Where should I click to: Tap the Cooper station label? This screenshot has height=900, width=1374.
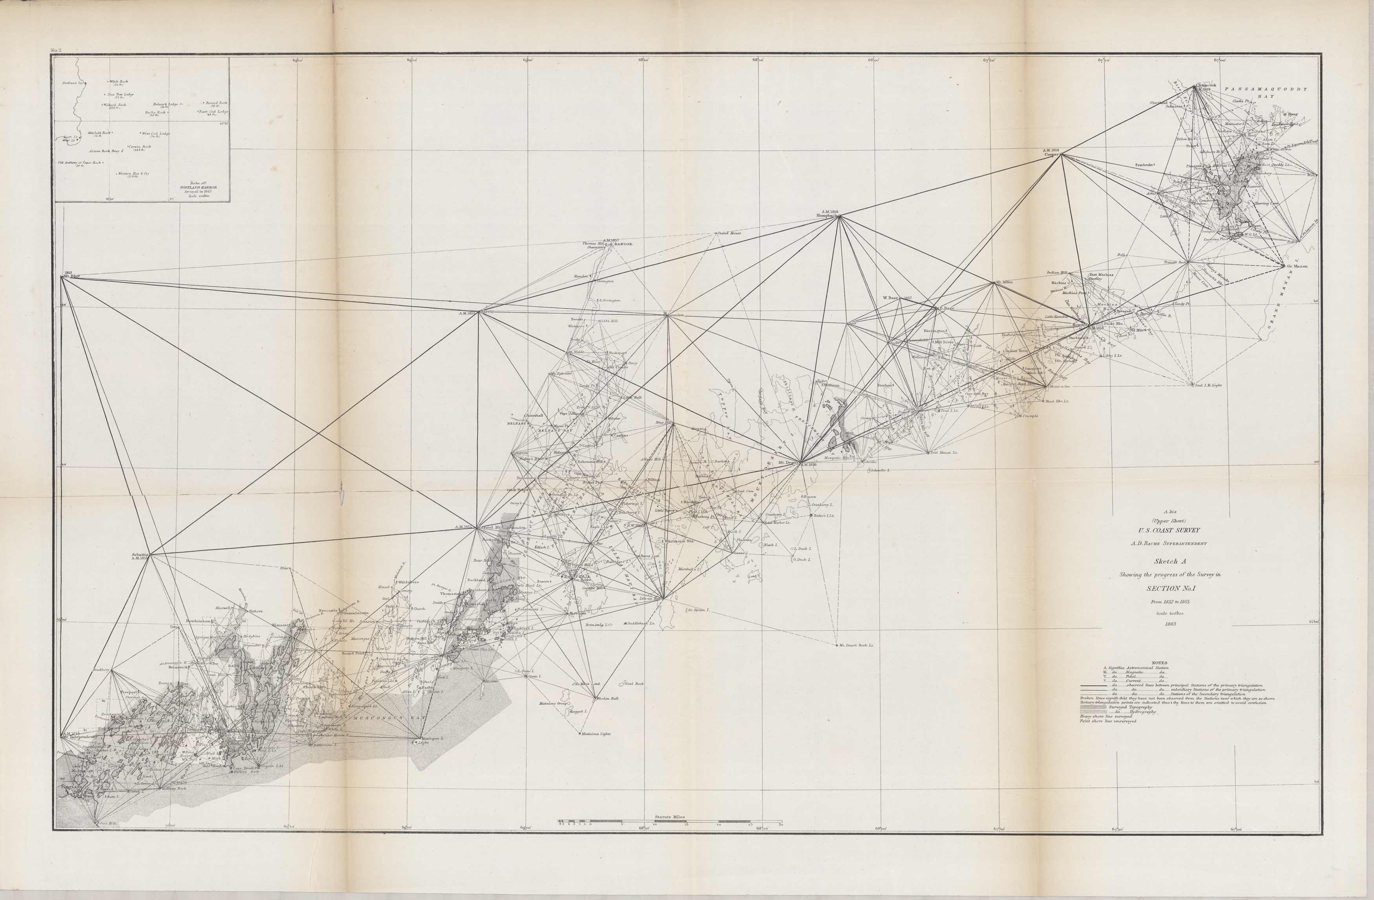1050,154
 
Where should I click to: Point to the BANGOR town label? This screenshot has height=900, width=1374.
624,244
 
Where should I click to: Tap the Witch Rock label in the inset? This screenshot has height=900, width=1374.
119,82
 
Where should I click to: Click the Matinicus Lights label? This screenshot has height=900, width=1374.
597,734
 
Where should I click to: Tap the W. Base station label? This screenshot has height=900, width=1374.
892,298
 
